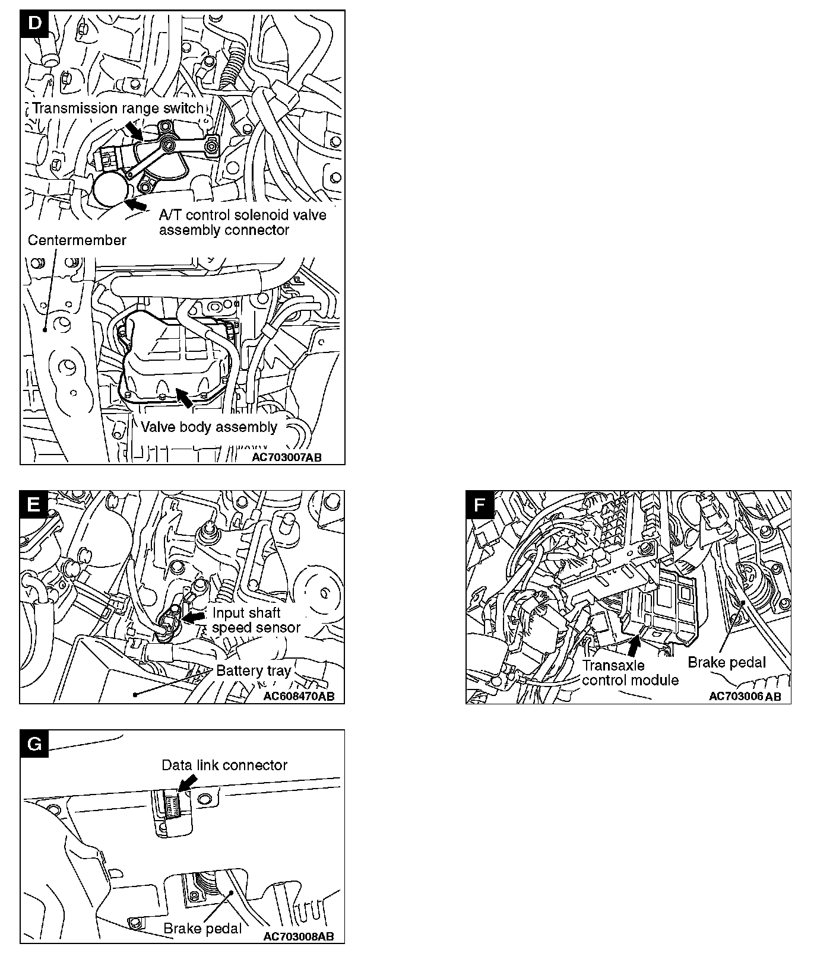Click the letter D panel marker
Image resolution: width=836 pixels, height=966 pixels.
coord(35,24)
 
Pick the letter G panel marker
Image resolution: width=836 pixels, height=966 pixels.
coord(34,743)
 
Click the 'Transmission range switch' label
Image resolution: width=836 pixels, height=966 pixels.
coord(118,108)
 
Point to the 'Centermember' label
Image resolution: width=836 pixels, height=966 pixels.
coord(77,240)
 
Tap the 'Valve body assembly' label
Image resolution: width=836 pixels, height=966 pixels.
coord(209,427)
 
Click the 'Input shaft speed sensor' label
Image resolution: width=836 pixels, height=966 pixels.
coord(256,620)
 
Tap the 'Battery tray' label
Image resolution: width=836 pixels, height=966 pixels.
coord(254,671)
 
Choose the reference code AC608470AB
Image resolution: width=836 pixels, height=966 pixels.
coord(299,696)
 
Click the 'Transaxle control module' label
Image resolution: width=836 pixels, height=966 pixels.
coord(630,672)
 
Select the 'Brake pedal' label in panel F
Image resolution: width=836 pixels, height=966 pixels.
coord(727,662)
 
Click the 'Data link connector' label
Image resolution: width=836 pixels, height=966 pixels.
coord(224,765)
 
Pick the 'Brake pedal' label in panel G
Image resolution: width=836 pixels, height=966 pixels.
coord(202,929)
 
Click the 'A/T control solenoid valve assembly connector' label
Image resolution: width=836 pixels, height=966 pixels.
coord(242,223)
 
